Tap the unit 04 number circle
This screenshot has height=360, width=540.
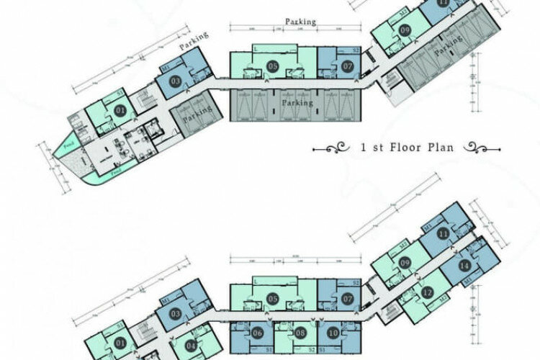pos(192,345)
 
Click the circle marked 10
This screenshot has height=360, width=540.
pos(333,334)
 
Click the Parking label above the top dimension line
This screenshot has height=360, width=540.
pos(300,22)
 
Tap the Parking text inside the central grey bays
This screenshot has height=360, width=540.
pos(298,103)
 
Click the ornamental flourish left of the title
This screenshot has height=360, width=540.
pos(335,149)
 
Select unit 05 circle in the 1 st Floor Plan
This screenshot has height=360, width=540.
pos(273,66)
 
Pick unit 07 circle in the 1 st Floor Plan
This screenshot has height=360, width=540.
pos(347,66)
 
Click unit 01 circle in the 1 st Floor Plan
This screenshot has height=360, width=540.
pos(120,110)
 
